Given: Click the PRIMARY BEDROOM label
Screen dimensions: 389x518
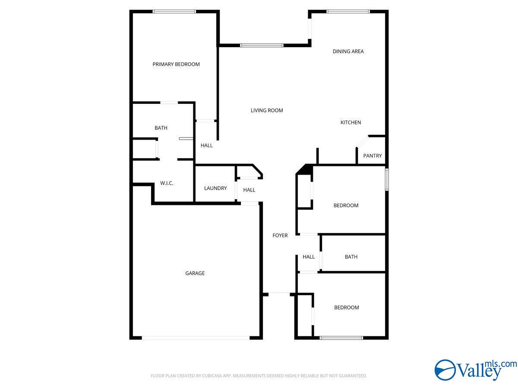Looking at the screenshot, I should click(x=176, y=64).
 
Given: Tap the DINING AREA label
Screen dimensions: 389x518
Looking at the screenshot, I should click(x=348, y=51).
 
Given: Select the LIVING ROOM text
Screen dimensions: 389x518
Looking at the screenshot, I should click(x=267, y=111).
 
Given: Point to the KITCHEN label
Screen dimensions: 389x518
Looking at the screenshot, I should click(x=351, y=123).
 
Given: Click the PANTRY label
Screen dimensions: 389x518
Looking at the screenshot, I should click(x=372, y=156).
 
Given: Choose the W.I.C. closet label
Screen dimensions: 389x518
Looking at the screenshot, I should click(x=167, y=183).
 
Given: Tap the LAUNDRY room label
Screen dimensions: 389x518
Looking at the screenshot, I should click(x=215, y=188).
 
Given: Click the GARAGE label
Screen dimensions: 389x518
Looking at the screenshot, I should click(x=195, y=273).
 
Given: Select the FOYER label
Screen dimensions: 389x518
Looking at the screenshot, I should click(x=280, y=236).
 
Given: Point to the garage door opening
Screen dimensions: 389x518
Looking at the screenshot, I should click(x=196, y=338).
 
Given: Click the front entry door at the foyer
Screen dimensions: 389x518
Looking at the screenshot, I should click(x=279, y=294).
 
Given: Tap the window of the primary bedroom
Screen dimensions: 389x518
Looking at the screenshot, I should click(x=174, y=12).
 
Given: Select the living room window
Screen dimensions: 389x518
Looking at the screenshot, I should click(x=262, y=45).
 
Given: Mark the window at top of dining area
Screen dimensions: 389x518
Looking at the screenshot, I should click(x=348, y=12).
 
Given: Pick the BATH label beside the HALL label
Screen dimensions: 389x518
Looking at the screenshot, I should click(x=351, y=257).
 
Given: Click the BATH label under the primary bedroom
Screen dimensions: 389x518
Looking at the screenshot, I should click(x=161, y=128).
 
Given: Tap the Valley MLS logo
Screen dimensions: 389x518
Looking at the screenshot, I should click(x=475, y=370).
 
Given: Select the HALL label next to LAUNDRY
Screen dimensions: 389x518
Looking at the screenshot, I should click(x=249, y=190).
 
